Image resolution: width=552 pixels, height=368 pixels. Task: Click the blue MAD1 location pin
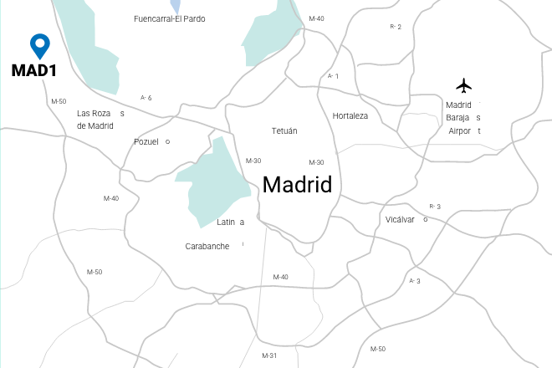click(39, 45)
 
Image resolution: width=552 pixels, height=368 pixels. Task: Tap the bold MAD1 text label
click(33, 70)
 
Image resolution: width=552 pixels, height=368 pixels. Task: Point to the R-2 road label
click(396, 27)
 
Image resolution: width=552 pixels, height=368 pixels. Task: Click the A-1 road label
click(333, 76)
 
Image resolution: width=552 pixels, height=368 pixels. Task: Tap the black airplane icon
click(464, 85)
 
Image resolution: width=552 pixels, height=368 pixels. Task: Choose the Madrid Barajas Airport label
click(463, 118)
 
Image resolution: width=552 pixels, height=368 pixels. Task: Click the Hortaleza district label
click(350, 115)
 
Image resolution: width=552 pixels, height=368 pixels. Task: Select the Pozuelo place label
click(149, 141)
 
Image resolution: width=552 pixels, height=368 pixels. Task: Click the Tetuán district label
click(284, 131)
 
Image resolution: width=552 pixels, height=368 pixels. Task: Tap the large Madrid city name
click(297, 185)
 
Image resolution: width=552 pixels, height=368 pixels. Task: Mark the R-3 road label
click(434, 207)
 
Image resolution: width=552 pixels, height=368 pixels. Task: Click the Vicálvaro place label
click(403, 219)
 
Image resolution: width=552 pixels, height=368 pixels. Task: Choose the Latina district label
click(230, 222)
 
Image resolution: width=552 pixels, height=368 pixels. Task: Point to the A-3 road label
click(414, 281)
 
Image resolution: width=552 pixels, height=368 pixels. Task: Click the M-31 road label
click(268, 355)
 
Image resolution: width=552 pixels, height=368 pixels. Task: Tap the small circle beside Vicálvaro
click(426, 219)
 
